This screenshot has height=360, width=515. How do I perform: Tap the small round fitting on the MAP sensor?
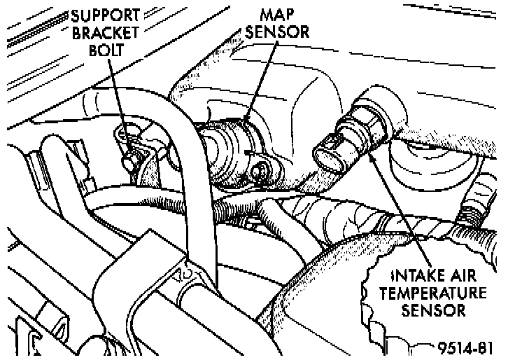(264, 169)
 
